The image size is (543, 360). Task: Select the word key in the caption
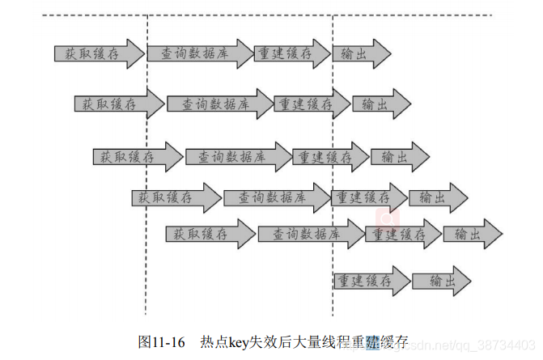[236, 341]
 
